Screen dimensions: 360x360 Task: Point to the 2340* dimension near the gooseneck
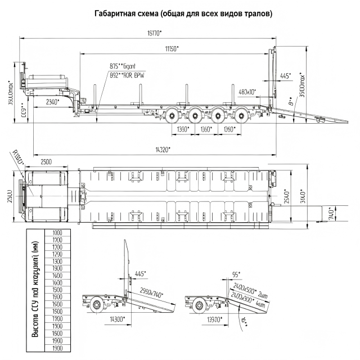tap(52, 102)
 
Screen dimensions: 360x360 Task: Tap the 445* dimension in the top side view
tap(286, 75)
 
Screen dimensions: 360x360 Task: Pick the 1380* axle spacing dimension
tap(183, 130)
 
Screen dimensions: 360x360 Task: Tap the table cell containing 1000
tap(57, 232)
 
